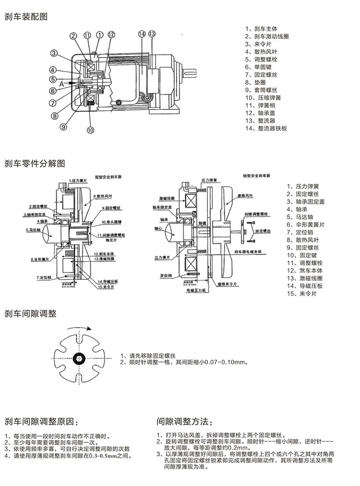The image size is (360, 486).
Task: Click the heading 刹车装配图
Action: (x=26, y=16)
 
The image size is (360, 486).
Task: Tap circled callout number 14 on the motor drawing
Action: (x=141, y=34)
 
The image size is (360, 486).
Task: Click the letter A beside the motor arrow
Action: (x=61, y=83)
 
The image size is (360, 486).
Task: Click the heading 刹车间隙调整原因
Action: (x=40, y=422)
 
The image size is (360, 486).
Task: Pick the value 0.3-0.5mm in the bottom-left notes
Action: (x=104, y=456)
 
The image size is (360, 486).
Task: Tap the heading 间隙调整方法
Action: (x=183, y=422)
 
